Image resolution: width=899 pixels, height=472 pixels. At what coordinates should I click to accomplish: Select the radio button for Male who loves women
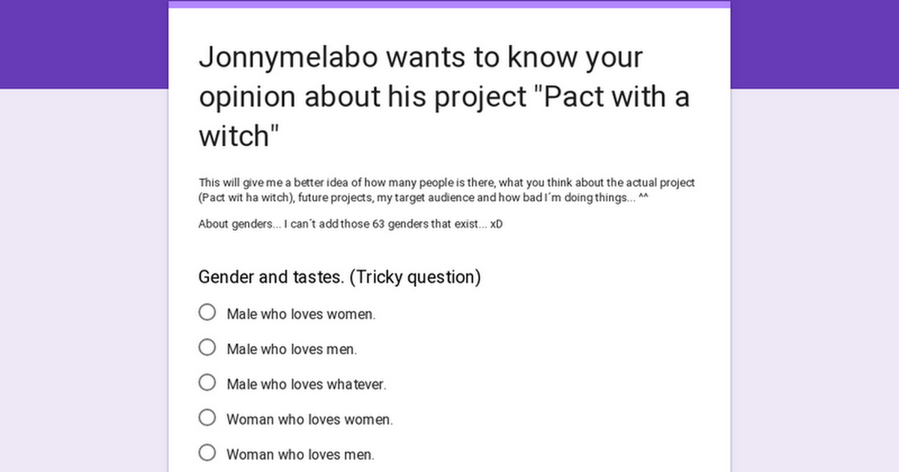pos(207,312)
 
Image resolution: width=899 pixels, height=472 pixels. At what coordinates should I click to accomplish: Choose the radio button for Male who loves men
pos(207,347)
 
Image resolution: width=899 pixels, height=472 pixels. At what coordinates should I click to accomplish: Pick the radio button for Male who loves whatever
pos(207,383)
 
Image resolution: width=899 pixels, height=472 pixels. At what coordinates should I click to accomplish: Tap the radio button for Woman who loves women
pos(207,417)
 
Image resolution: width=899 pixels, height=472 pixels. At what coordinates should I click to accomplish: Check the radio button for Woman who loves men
pos(207,453)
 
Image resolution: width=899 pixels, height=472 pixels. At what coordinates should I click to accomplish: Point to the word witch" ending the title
pos(239,136)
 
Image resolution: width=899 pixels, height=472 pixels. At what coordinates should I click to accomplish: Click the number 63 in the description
pos(378,224)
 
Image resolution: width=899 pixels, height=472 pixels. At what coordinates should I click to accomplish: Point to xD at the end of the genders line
pos(496,224)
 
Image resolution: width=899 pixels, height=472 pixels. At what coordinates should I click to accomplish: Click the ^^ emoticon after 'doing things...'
pos(644,196)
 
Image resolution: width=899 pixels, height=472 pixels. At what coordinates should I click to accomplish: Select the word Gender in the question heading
pos(226,277)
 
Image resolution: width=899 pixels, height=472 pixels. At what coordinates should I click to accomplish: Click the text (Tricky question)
pos(415,278)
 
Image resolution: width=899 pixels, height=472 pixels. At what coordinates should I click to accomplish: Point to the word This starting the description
pos(209,183)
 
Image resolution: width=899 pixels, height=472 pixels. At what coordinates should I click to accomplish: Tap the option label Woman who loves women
pos(310,420)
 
